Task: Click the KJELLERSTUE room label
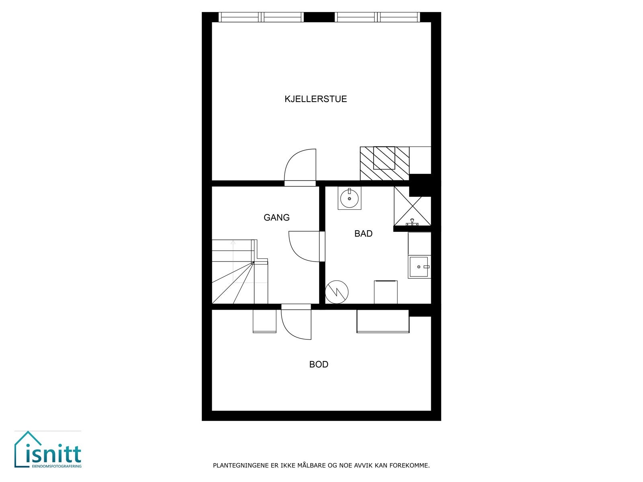(315, 99)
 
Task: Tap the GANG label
(276, 218)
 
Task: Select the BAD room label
(363, 234)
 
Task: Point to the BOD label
(319, 365)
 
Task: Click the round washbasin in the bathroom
(349, 198)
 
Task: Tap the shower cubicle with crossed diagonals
(412, 206)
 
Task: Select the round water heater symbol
(336, 292)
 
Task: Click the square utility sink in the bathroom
(419, 267)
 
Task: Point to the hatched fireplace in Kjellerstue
(384, 163)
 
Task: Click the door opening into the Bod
(296, 324)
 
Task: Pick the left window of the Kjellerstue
(261, 17)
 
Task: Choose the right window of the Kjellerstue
(377, 17)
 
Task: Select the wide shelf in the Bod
(383, 321)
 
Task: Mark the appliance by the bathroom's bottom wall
(385, 292)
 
